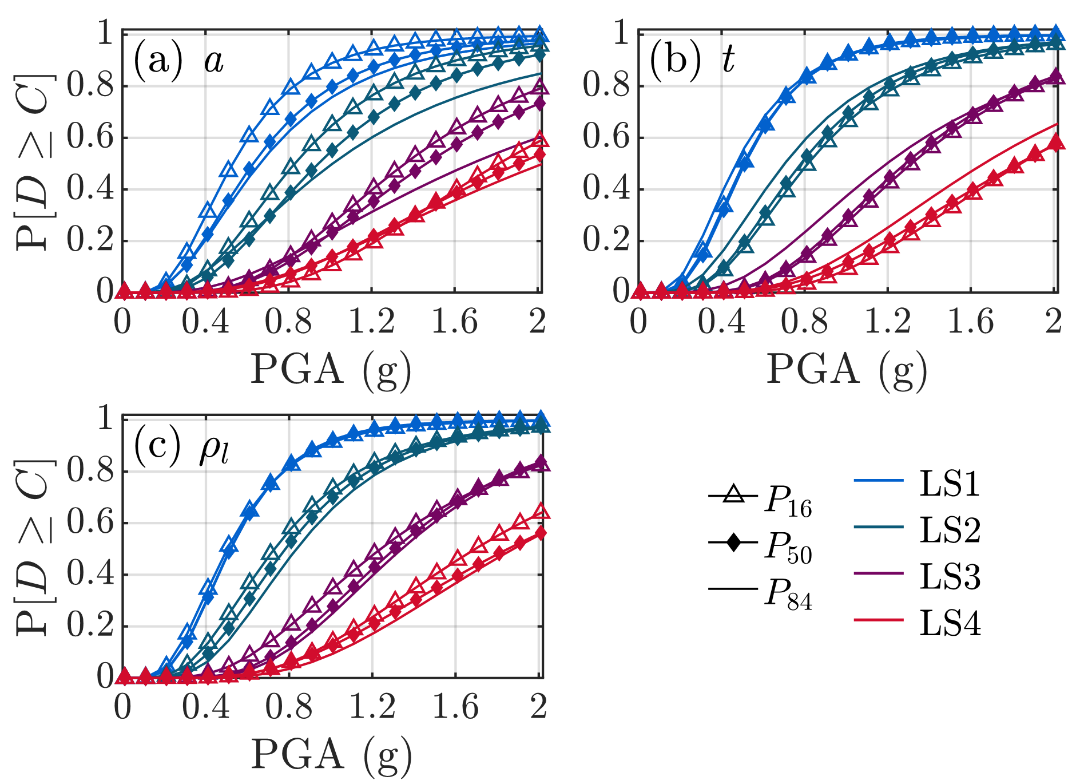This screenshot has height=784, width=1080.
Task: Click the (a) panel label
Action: click(158, 60)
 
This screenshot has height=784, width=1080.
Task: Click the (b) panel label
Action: click(675, 60)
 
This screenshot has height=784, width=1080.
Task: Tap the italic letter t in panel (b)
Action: click(728, 60)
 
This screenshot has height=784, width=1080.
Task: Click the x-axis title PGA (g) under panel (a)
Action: click(331, 370)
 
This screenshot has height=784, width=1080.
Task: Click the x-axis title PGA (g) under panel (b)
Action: click(847, 370)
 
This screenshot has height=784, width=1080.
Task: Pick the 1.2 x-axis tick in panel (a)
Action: click(372, 322)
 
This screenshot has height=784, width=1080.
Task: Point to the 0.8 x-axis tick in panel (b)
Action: click(804, 322)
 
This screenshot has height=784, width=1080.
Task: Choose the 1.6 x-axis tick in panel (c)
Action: click(455, 707)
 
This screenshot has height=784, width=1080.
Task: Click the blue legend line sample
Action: click(878, 480)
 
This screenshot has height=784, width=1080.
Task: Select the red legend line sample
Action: click(878, 619)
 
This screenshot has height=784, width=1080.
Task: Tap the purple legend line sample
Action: click(878, 573)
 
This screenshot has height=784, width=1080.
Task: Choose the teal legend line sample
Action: click(878, 526)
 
